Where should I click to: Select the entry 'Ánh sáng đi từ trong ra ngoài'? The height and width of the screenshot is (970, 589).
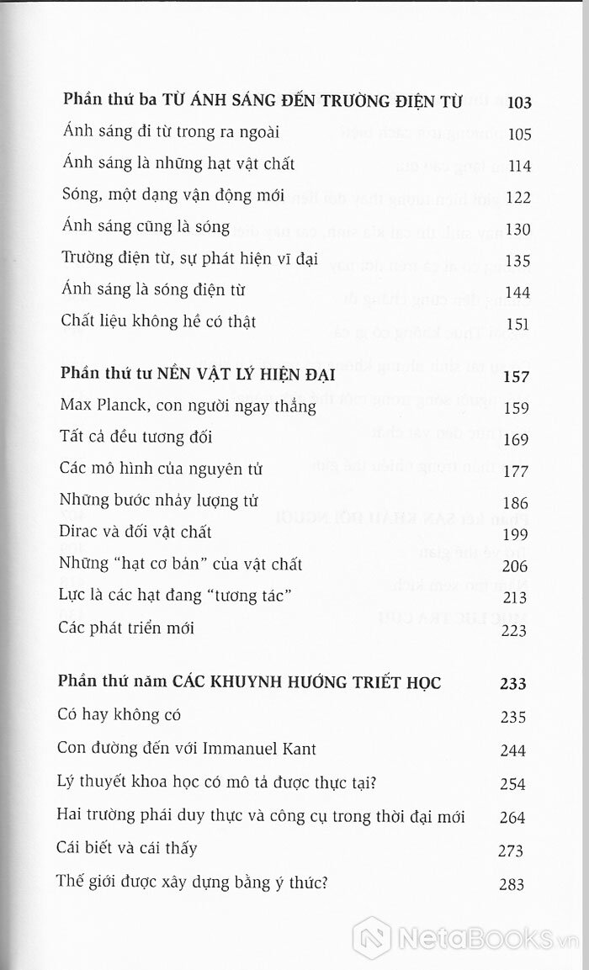pyautogui.click(x=171, y=132)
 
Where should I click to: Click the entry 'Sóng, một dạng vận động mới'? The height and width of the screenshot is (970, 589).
pyautogui.click(x=173, y=196)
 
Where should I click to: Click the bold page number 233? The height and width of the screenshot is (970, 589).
pyautogui.click(x=513, y=684)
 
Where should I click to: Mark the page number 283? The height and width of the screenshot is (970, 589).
pyautogui.click(x=510, y=883)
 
